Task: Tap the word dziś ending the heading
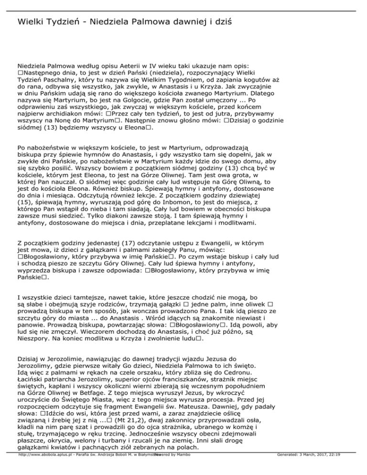225,22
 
